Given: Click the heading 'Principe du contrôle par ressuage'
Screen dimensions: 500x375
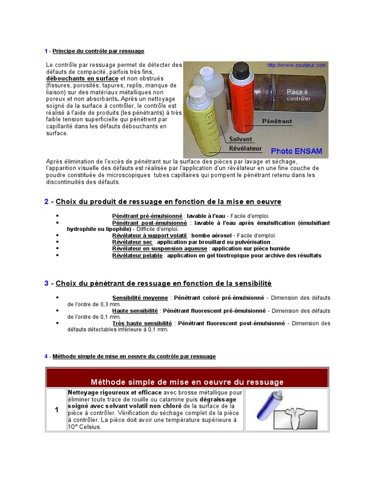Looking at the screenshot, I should click(98, 51).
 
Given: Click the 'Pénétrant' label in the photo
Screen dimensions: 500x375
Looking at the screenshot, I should click(277, 120).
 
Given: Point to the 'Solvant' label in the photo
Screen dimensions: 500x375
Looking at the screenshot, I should click(240, 139).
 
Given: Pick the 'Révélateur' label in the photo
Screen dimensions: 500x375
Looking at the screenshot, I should click(246, 148).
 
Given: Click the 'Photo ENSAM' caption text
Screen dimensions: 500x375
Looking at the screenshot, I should click(296, 151).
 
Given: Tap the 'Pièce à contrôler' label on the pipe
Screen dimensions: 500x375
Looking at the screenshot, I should click(298, 95).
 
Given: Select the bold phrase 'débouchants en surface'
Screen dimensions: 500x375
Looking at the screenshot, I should click(82, 78).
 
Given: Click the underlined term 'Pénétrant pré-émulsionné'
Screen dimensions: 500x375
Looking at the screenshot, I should click(147, 216).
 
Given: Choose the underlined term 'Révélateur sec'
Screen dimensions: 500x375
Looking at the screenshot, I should click(132, 242).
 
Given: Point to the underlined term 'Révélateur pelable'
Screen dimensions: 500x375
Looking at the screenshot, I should click(138, 255).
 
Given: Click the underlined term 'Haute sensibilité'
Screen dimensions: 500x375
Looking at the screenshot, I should click(135, 311).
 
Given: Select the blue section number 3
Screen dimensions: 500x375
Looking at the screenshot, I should click(46, 283).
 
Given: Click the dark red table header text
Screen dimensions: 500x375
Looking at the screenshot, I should click(187, 382).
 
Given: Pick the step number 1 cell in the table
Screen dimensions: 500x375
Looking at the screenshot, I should click(57, 410).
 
